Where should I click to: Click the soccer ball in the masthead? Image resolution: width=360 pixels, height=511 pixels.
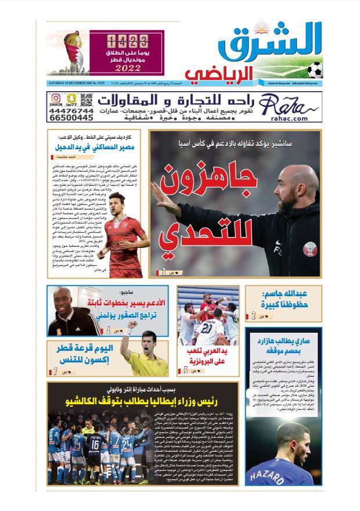(x=315, y=70)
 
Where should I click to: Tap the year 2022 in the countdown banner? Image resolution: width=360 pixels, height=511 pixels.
(x=121, y=68)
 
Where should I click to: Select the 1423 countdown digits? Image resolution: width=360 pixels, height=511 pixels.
(x=122, y=41)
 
